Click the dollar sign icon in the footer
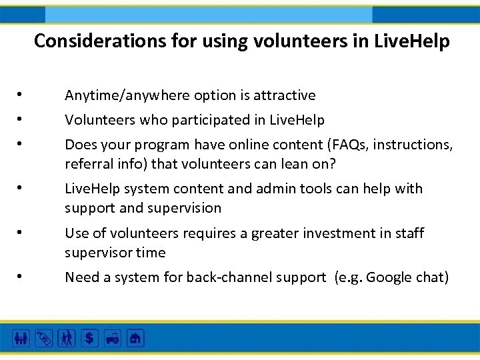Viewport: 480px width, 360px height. pyautogui.click(x=89, y=339)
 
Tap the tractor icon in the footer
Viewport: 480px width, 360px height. pyautogui.click(x=112, y=339)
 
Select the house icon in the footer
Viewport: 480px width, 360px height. pyautogui.click(x=135, y=339)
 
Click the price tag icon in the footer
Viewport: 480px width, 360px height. pyautogui.click(x=43, y=339)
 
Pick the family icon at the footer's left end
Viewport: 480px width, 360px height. pyautogui.click(x=21, y=339)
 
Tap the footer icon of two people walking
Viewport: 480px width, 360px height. pyautogui.click(x=67, y=339)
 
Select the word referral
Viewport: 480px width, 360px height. pyautogui.click(x=86, y=164)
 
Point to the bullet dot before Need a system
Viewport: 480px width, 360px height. pyautogui.click(x=21, y=277)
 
